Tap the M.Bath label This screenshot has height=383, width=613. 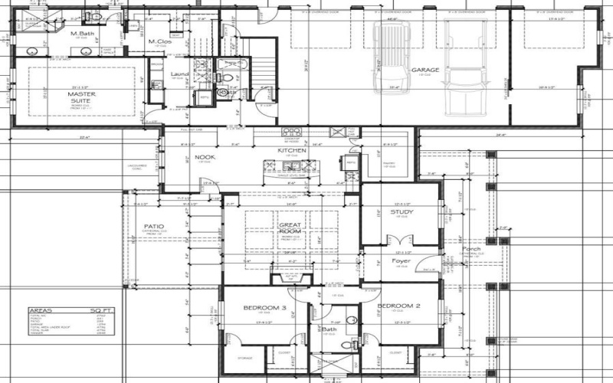coord(83,34)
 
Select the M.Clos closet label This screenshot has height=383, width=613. coord(159,41)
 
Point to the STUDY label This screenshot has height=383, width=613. coord(402,212)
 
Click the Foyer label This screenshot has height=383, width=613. coord(402,261)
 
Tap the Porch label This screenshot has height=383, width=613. coord(470,248)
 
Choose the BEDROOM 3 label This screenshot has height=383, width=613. coord(264,307)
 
